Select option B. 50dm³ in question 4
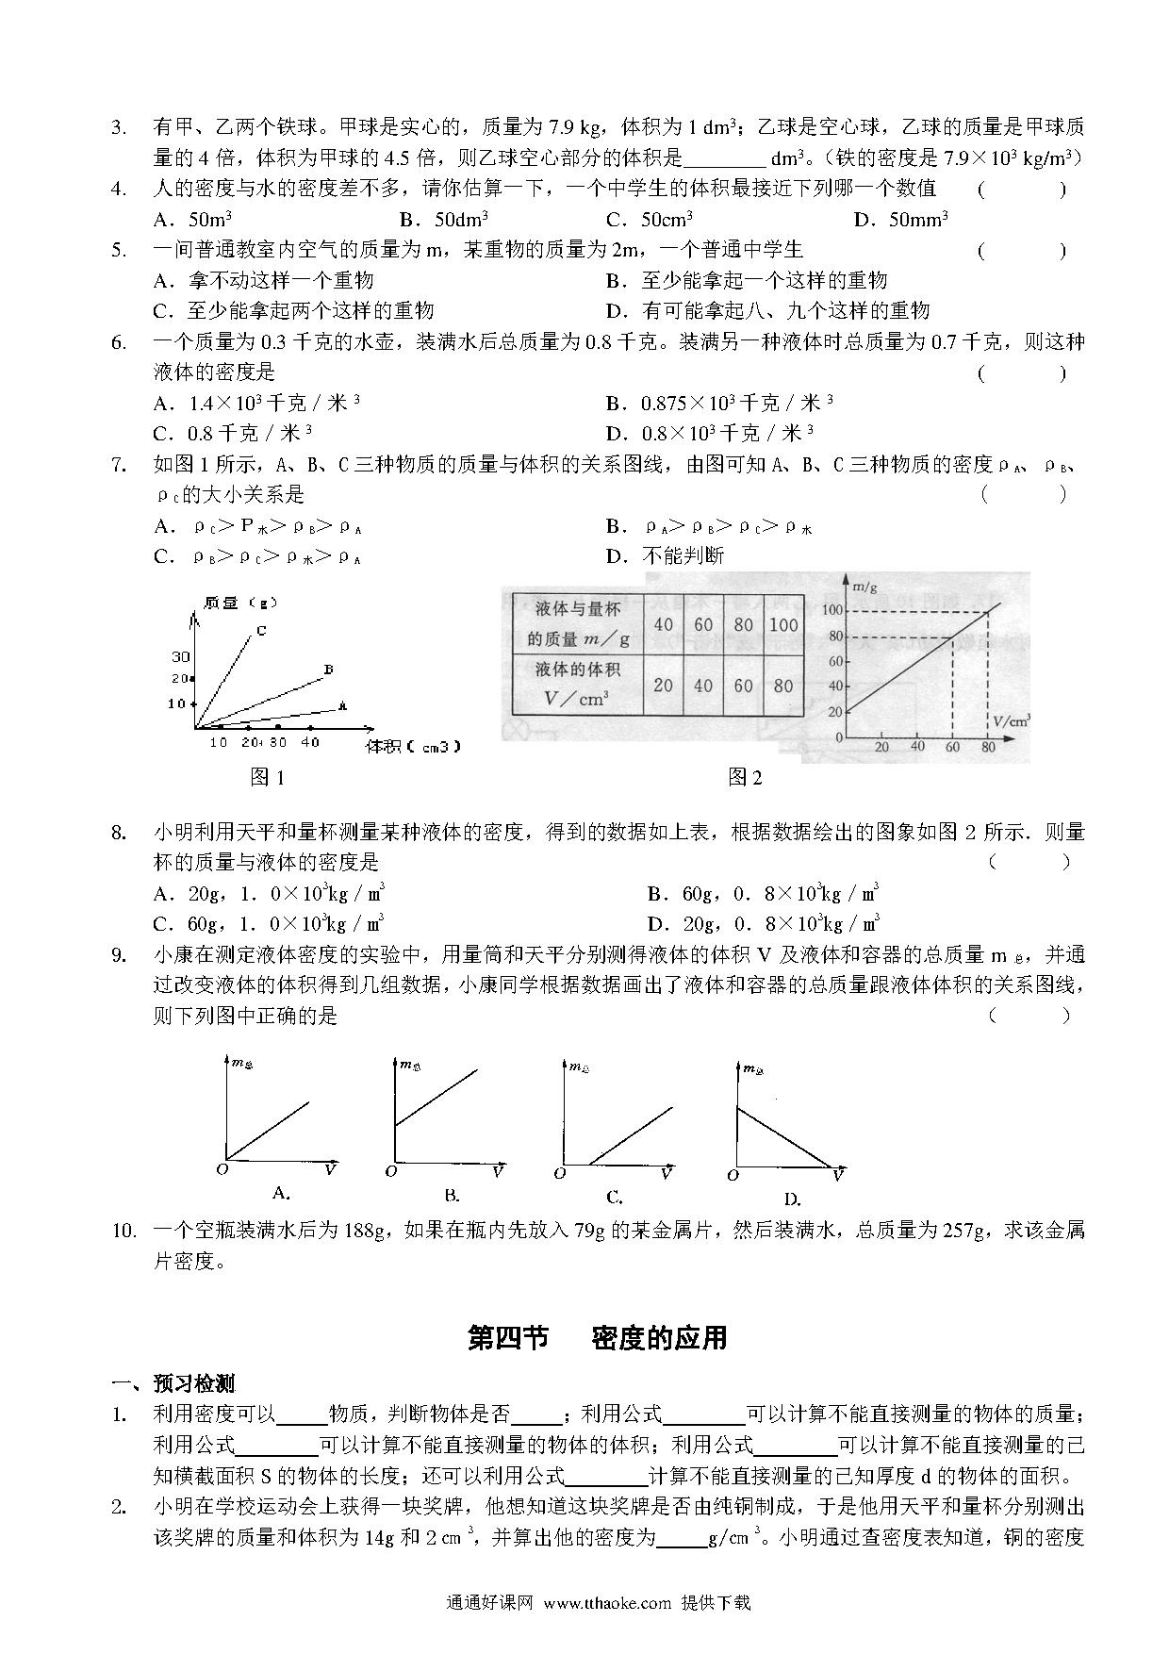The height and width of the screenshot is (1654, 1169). click(443, 220)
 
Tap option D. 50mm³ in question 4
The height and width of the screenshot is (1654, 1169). click(900, 220)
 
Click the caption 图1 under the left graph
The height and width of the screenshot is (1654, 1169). click(267, 776)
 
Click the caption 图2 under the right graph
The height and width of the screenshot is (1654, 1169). click(745, 776)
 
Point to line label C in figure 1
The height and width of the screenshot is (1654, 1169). click(260, 631)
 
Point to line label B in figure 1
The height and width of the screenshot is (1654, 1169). click(328, 670)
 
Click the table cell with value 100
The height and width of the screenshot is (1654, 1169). click(783, 624)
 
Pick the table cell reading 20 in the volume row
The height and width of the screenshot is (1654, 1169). click(663, 686)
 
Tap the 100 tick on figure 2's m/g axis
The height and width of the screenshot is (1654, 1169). click(831, 611)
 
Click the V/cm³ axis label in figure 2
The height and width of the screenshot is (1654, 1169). click(1012, 720)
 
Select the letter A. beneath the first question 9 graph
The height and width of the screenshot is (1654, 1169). click(281, 1193)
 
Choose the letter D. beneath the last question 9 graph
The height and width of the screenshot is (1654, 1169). click(792, 1199)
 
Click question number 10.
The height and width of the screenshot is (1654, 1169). click(124, 1230)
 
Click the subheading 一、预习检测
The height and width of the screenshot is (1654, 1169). click(173, 1383)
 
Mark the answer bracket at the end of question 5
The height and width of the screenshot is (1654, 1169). click(1022, 251)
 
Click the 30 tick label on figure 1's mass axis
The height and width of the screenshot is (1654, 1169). click(180, 656)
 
